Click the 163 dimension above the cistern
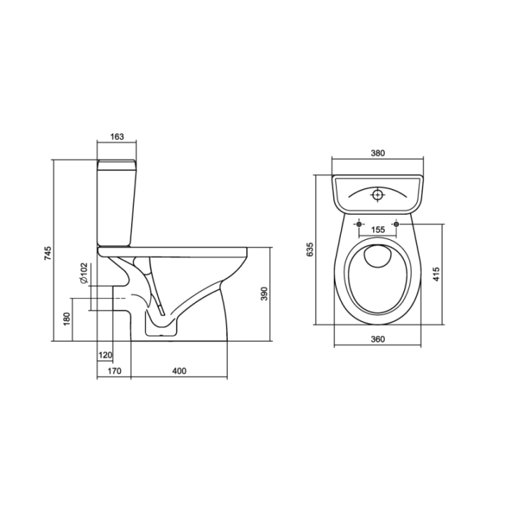tap(117, 137)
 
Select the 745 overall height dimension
tap(48, 253)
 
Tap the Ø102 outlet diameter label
tap(83, 273)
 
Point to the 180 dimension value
tap(67, 319)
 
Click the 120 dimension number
tap(105, 355)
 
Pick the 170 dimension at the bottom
tap(114, 371)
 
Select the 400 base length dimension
tap(179, 371)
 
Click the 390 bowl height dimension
tap(264, 293)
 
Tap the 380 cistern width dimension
tap(377, 153)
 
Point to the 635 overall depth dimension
tap(310, 250)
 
